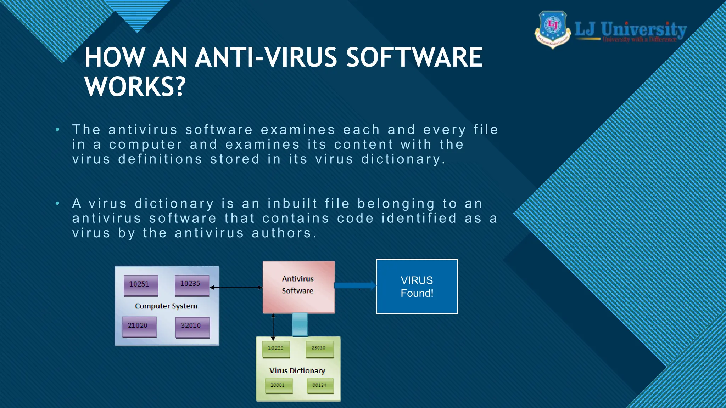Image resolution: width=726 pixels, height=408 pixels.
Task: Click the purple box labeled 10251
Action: click(141, 285)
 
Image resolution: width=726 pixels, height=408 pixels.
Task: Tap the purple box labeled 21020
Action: click(139, 327)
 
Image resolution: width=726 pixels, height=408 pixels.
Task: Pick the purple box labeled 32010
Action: click(192, 327)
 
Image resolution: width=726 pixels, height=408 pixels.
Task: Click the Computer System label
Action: click(166, 306)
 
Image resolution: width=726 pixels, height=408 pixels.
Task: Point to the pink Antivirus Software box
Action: click(298, 287)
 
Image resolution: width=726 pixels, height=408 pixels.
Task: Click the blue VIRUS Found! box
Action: click(417, 287)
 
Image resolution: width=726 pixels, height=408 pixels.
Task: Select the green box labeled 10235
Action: click(276, 349)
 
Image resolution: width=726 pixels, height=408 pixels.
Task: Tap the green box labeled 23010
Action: click(319, 349)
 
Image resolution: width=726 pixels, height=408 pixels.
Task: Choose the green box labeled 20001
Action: click(279, 386)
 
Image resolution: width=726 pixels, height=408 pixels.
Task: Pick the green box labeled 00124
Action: click(320, 386)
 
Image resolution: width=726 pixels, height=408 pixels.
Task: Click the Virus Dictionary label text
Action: click(297, 370)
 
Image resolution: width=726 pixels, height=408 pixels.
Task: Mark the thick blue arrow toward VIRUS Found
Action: click(355, 285)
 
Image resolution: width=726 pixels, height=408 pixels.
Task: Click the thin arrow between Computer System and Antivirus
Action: click(236, 288)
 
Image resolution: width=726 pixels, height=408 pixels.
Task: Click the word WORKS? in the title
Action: click(135, 86)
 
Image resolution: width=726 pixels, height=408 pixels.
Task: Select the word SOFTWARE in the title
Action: click(414, 57)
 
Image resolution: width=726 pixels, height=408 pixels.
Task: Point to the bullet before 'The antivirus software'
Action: click(57, 130)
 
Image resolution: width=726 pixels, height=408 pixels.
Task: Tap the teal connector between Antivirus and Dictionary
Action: click(300, 324)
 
